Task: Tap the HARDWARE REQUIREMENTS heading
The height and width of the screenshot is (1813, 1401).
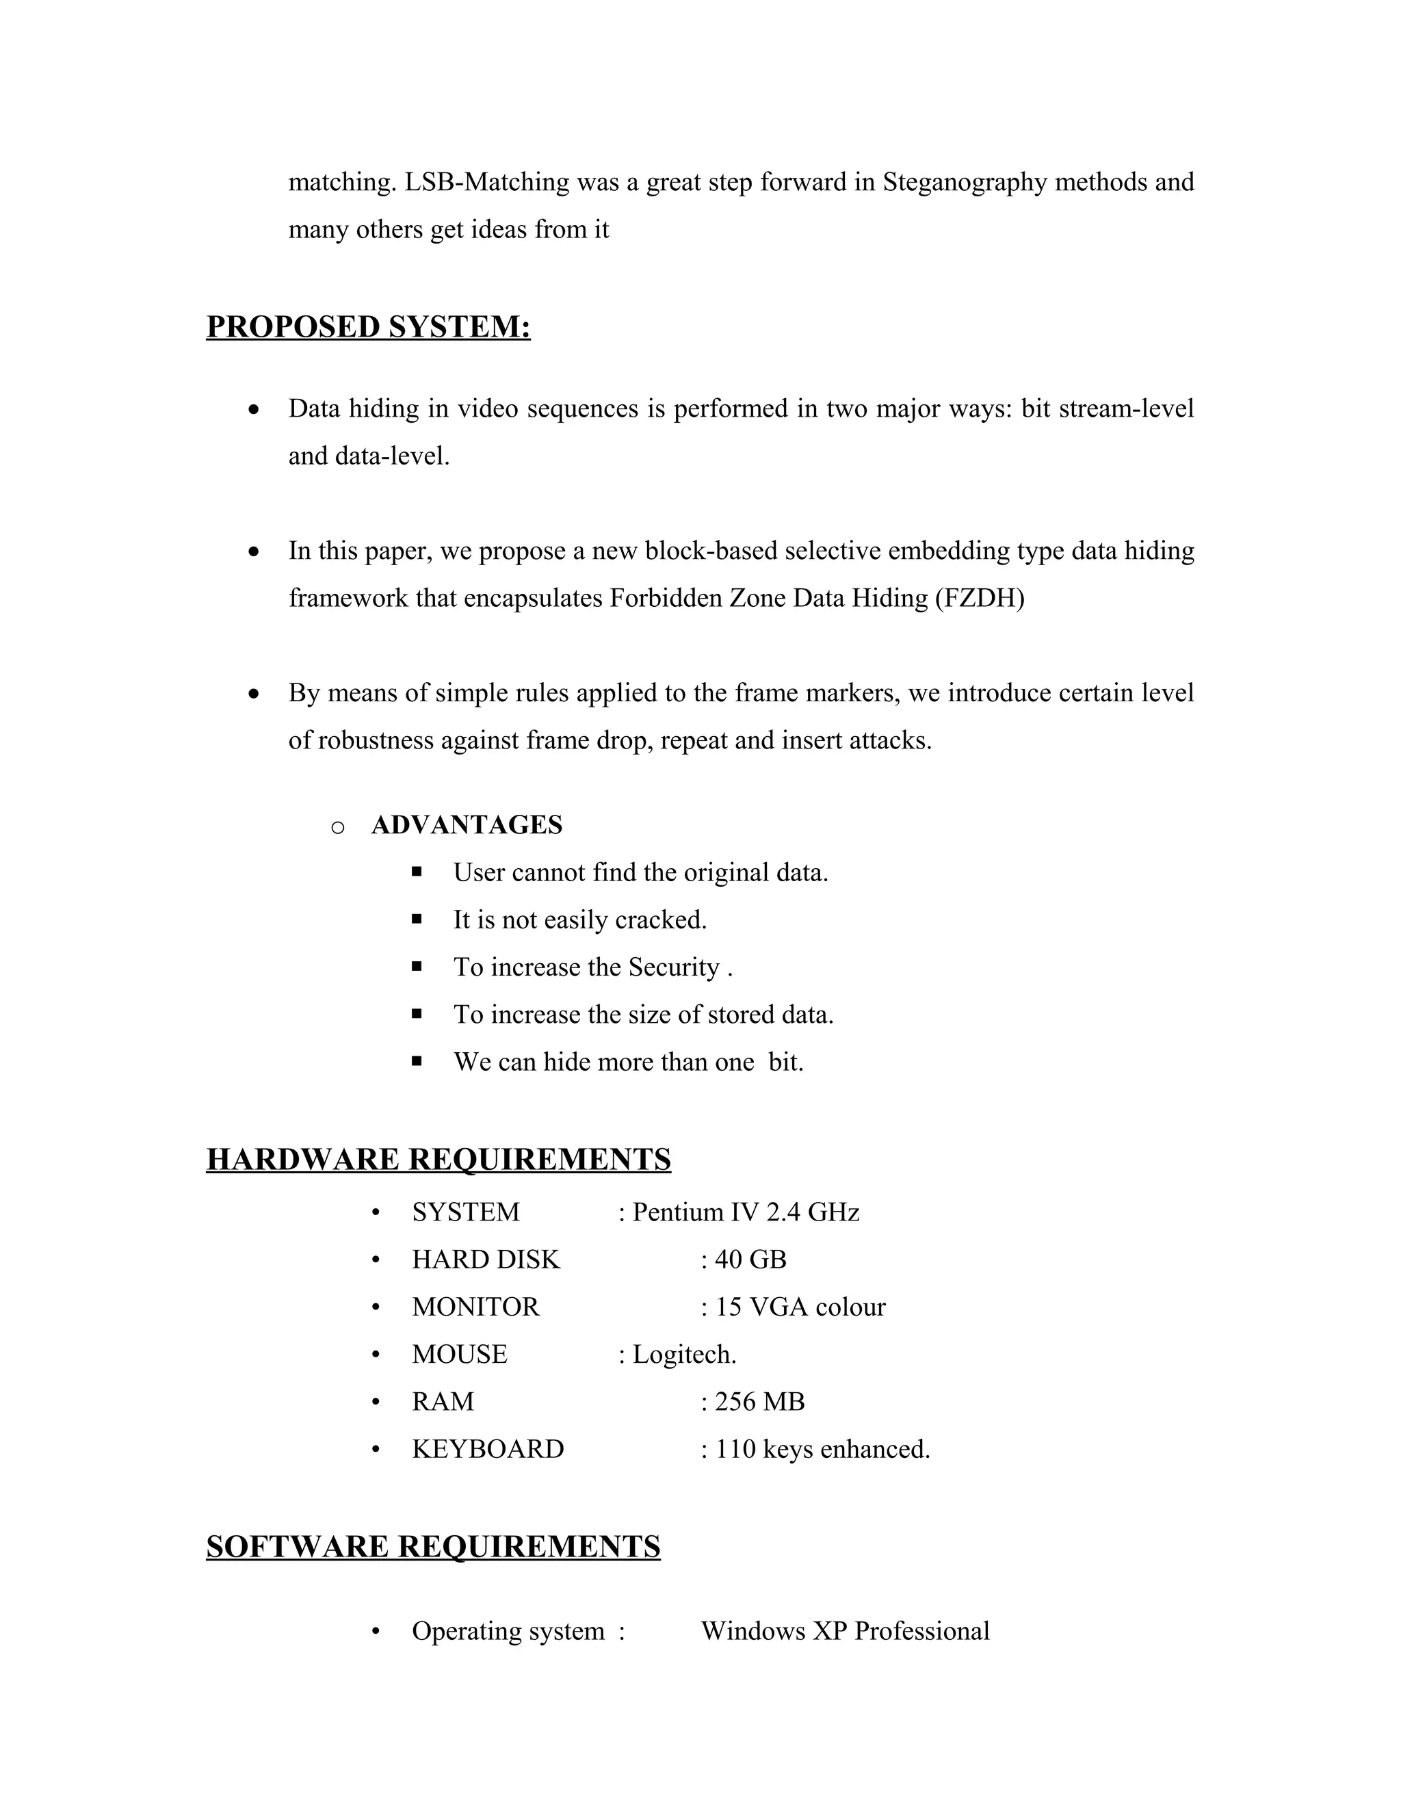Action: tap(438, 1159)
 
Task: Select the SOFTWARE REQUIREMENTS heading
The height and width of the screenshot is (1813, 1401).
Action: tap(432, 1547)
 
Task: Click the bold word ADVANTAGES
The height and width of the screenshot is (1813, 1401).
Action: tap(467, 825)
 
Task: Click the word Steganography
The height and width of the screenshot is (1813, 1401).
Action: tap(965, 182)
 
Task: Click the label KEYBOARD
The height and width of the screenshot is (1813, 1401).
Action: tap(487, 1448)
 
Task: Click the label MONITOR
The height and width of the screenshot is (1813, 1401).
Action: tap(475, 1307)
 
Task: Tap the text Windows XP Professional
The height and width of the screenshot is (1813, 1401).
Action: tap(845, 1630)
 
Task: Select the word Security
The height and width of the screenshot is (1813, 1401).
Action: tap(673, 967)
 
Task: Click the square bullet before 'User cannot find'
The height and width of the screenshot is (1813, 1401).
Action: tap(417, 872)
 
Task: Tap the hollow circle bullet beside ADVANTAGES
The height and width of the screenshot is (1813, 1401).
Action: tap(338, 827)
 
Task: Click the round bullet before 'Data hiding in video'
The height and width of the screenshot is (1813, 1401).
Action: tap(254, 409)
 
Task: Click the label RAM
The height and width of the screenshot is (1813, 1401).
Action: tap(443, 1401)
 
